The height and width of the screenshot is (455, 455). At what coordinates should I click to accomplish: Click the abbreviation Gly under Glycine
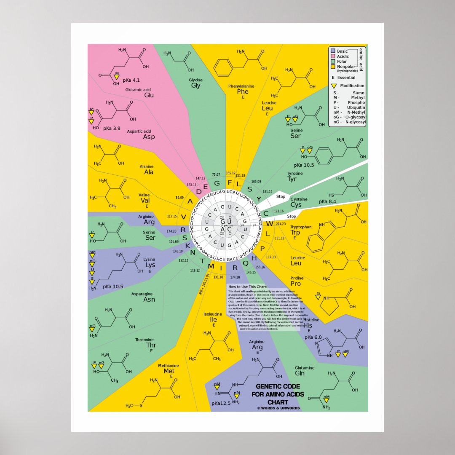pyautogui.click(x=196, y=86)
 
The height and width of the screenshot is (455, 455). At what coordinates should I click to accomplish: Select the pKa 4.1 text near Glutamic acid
pyautogui.click(x=131, y=80)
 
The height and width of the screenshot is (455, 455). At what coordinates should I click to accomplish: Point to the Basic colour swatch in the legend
pyautogui.click(x=332, y=51)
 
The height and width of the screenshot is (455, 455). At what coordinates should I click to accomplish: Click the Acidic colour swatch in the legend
pyautogui.click(x=332, y=56)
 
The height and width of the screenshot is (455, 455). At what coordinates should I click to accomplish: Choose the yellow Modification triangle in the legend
pyautogui.click(x=334, y=86)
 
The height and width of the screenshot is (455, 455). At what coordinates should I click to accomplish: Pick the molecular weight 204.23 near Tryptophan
pyautogui.click(x=280, y=224)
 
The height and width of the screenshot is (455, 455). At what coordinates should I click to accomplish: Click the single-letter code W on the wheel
pyautogui.click(x=269, y=223)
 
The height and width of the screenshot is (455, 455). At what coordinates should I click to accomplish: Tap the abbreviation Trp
pyautogui.click(x=295, y=233)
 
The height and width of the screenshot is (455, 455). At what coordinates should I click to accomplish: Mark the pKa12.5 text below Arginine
pyautogui.click(x=222, y=403)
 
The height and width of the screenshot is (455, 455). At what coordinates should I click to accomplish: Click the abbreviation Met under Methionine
pyautogui.click(x=169, y=371)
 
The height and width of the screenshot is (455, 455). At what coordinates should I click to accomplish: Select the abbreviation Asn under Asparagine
pyautogui.click(x=149, y=300)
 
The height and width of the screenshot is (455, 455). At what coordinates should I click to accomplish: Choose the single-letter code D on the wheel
pyautogui.click(x=199, y=192)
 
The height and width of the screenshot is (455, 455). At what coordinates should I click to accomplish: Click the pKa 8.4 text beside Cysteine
pyautogui.click(x=327, y=202)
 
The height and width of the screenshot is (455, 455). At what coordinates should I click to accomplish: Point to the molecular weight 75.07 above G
pyautogui.click(x=216, y=174)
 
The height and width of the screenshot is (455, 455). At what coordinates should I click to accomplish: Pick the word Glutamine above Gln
pyautogui.click(x=305, y=368)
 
